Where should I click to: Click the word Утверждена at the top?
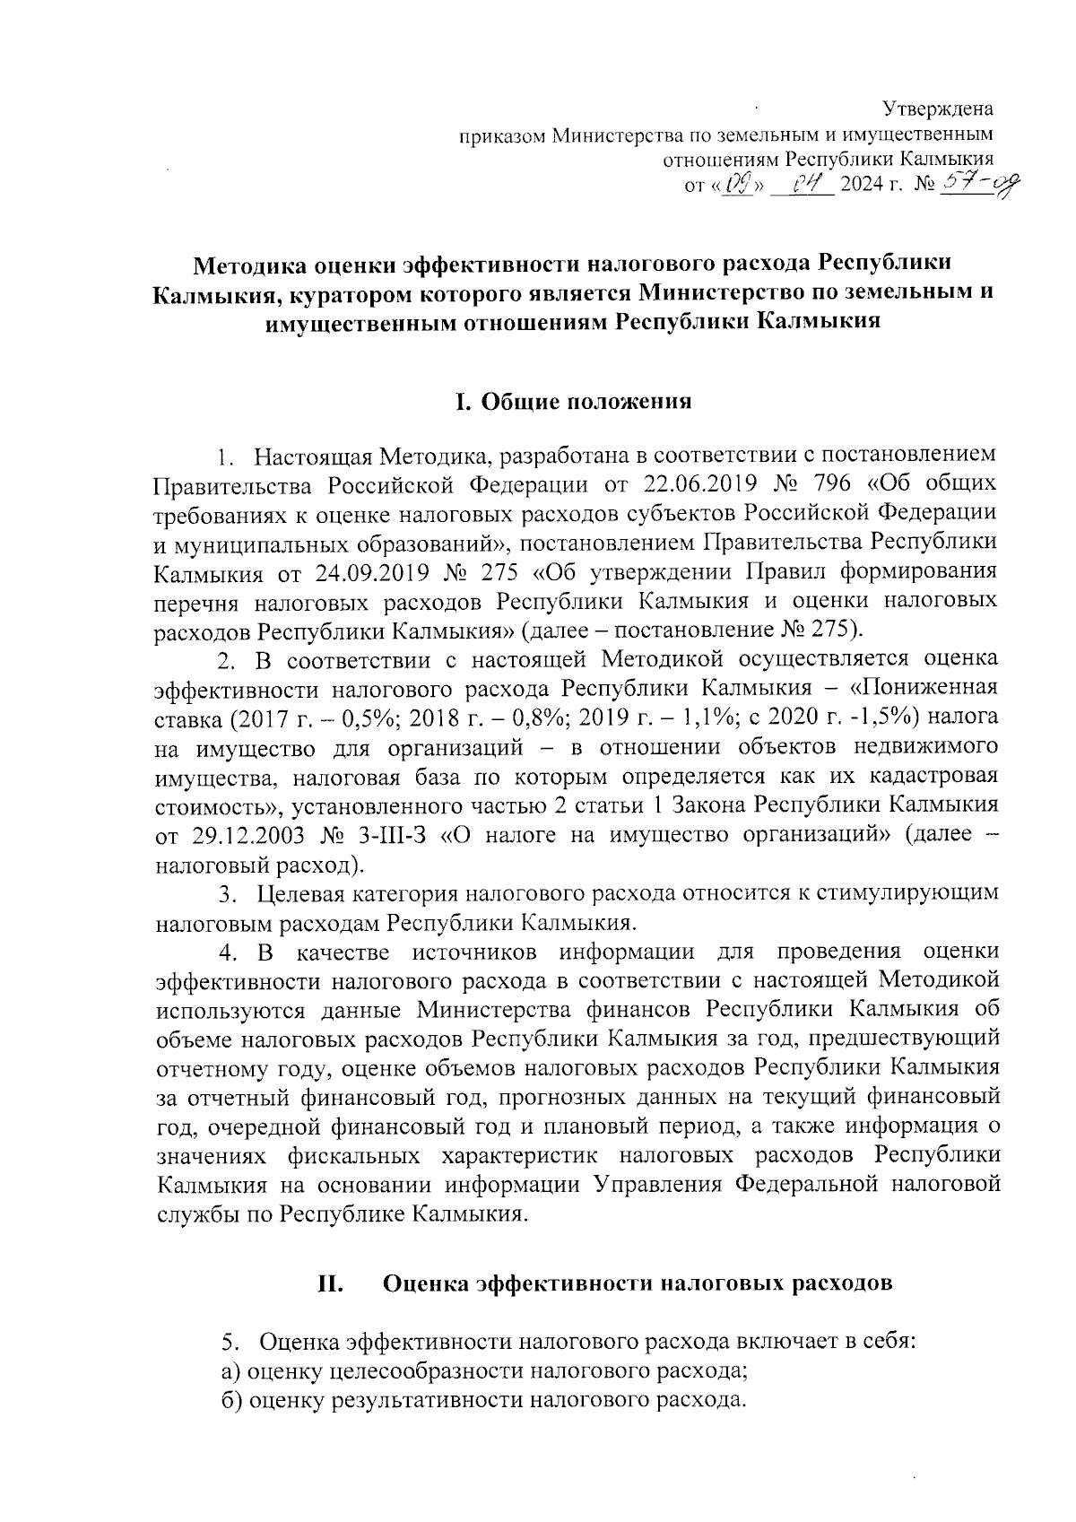938,110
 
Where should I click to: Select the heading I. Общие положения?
574,401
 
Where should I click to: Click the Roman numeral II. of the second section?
331,1283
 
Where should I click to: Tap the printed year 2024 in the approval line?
862,188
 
